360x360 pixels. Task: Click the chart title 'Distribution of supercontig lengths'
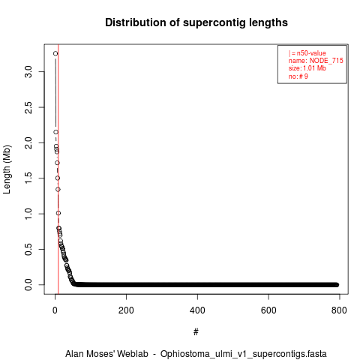196,22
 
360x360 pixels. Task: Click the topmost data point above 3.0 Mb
55,53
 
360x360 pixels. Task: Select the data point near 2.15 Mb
55,132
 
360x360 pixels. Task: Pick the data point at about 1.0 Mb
58,213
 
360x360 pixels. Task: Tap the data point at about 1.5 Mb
58,178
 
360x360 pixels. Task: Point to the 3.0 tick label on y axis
28,72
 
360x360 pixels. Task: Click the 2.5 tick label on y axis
28,107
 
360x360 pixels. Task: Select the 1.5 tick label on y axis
28,178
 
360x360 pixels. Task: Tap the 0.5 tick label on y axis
28,249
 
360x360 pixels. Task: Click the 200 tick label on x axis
126,310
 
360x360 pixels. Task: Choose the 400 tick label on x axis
197,310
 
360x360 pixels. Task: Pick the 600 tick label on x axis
268,310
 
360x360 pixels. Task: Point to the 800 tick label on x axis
339,310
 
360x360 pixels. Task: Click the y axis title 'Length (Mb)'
7,169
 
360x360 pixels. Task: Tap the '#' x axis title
196,332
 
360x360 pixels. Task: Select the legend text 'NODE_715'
326,61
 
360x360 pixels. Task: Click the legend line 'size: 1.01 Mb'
307,68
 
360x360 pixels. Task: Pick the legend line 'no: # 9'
298,76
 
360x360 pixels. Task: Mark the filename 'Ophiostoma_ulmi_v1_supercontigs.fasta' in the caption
244,354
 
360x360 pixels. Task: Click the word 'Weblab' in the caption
133,354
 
